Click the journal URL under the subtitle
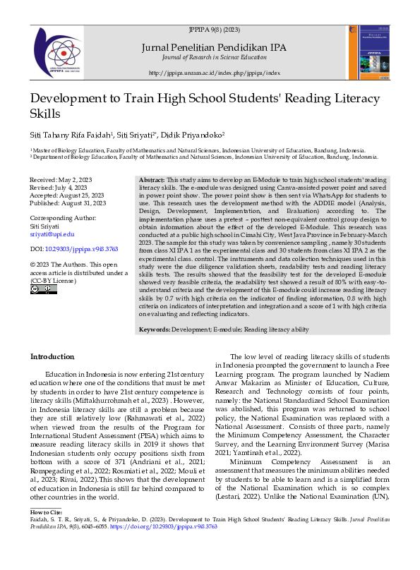pos(215,73)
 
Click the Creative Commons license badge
pos(44,289)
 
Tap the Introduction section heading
pos(52,357)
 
